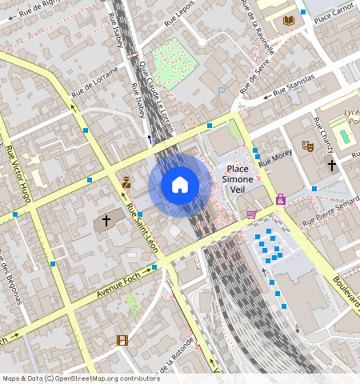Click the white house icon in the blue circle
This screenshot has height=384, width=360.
(180, 186)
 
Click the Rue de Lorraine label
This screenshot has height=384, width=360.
(95, 82)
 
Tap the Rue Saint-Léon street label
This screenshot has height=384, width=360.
(145, 231)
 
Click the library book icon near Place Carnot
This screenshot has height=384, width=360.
(288, 20)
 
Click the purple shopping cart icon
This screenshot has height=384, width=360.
(251, 214)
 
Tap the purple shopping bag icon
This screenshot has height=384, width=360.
(281, 199)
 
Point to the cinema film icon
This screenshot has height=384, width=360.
(122, 340)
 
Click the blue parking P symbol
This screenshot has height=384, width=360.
(222, 92)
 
